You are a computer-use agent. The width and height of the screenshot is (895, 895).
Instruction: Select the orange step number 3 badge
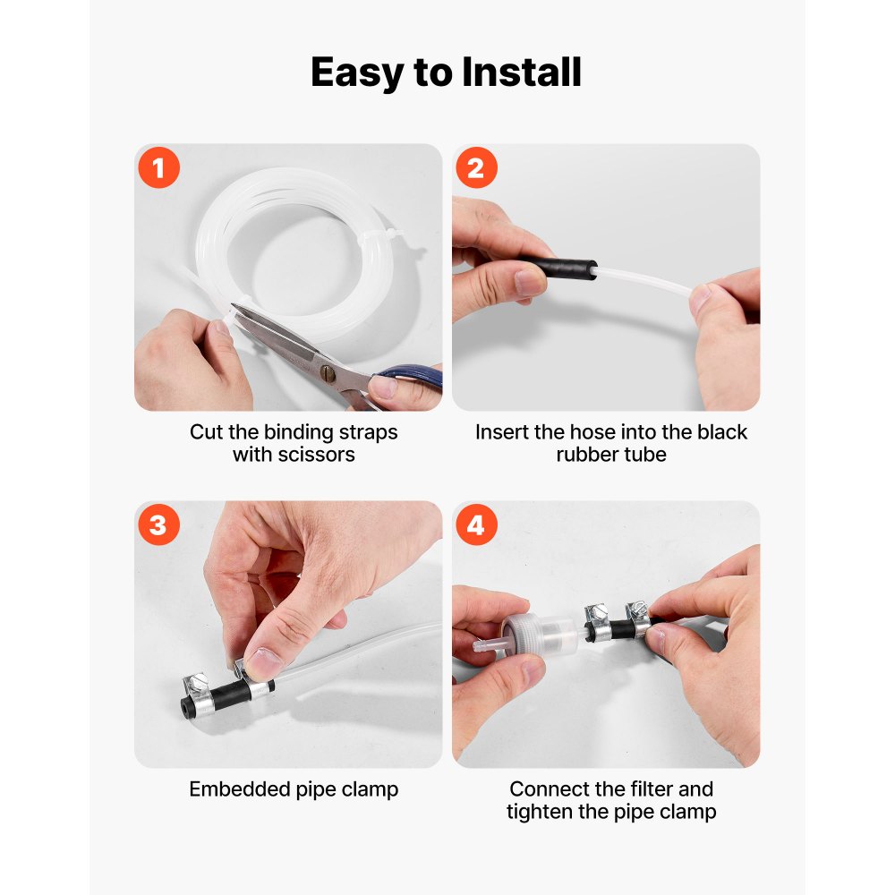click(x=158, y=524)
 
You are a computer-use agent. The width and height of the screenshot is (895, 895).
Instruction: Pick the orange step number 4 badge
click(x=475, y=524)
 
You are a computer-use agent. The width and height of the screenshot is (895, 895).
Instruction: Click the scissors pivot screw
click(x=327, y=369)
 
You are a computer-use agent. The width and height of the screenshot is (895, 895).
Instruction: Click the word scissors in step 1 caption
click(x=318, y=455)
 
